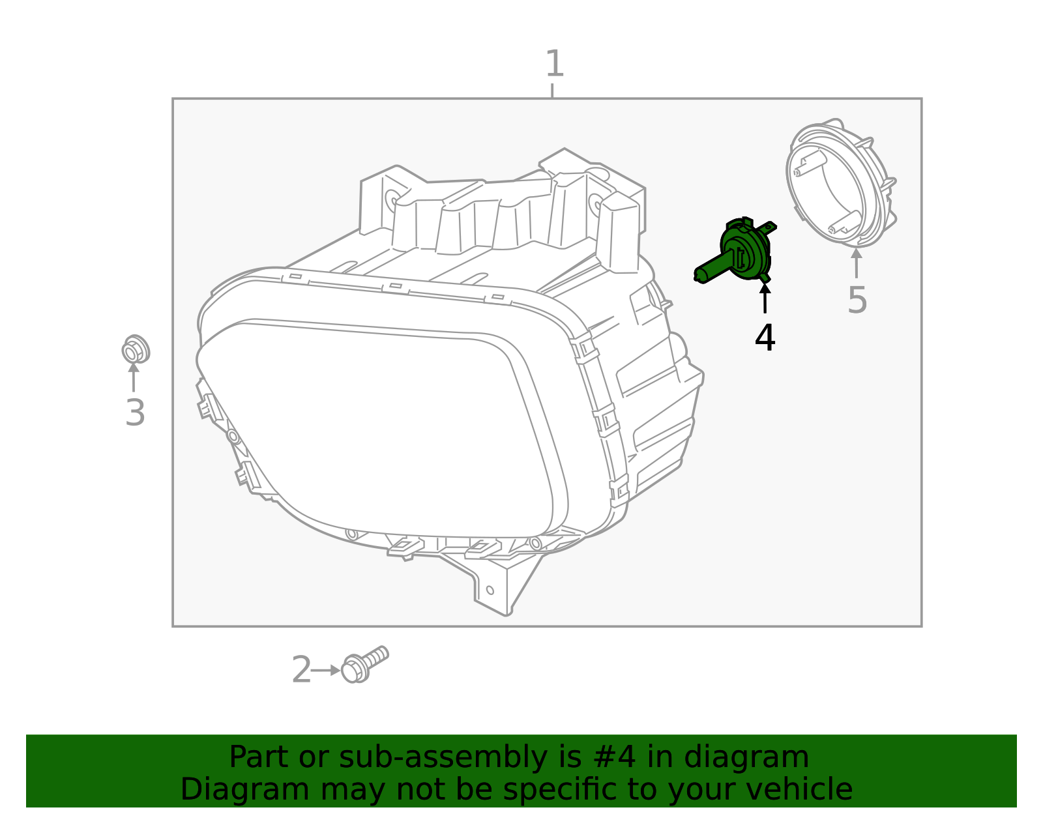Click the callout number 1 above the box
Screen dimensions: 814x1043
pyautogui.click(x=553, y=64)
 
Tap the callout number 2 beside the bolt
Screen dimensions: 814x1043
pyautogui.click(x=301, y=670)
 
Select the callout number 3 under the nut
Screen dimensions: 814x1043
pyautogui.click(x=135, y=413)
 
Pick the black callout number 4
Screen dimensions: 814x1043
pyautogui.click(x=765, y=338)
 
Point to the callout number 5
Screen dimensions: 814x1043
pyautogui.click(x=857, y=300)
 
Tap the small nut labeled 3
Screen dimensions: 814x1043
pyautogui.click(x=136, y=351)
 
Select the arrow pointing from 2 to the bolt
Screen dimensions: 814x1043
pyautogui.click(x=327, y=670)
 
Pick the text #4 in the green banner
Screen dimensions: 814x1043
pyautogui.click(x=611, y=757)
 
